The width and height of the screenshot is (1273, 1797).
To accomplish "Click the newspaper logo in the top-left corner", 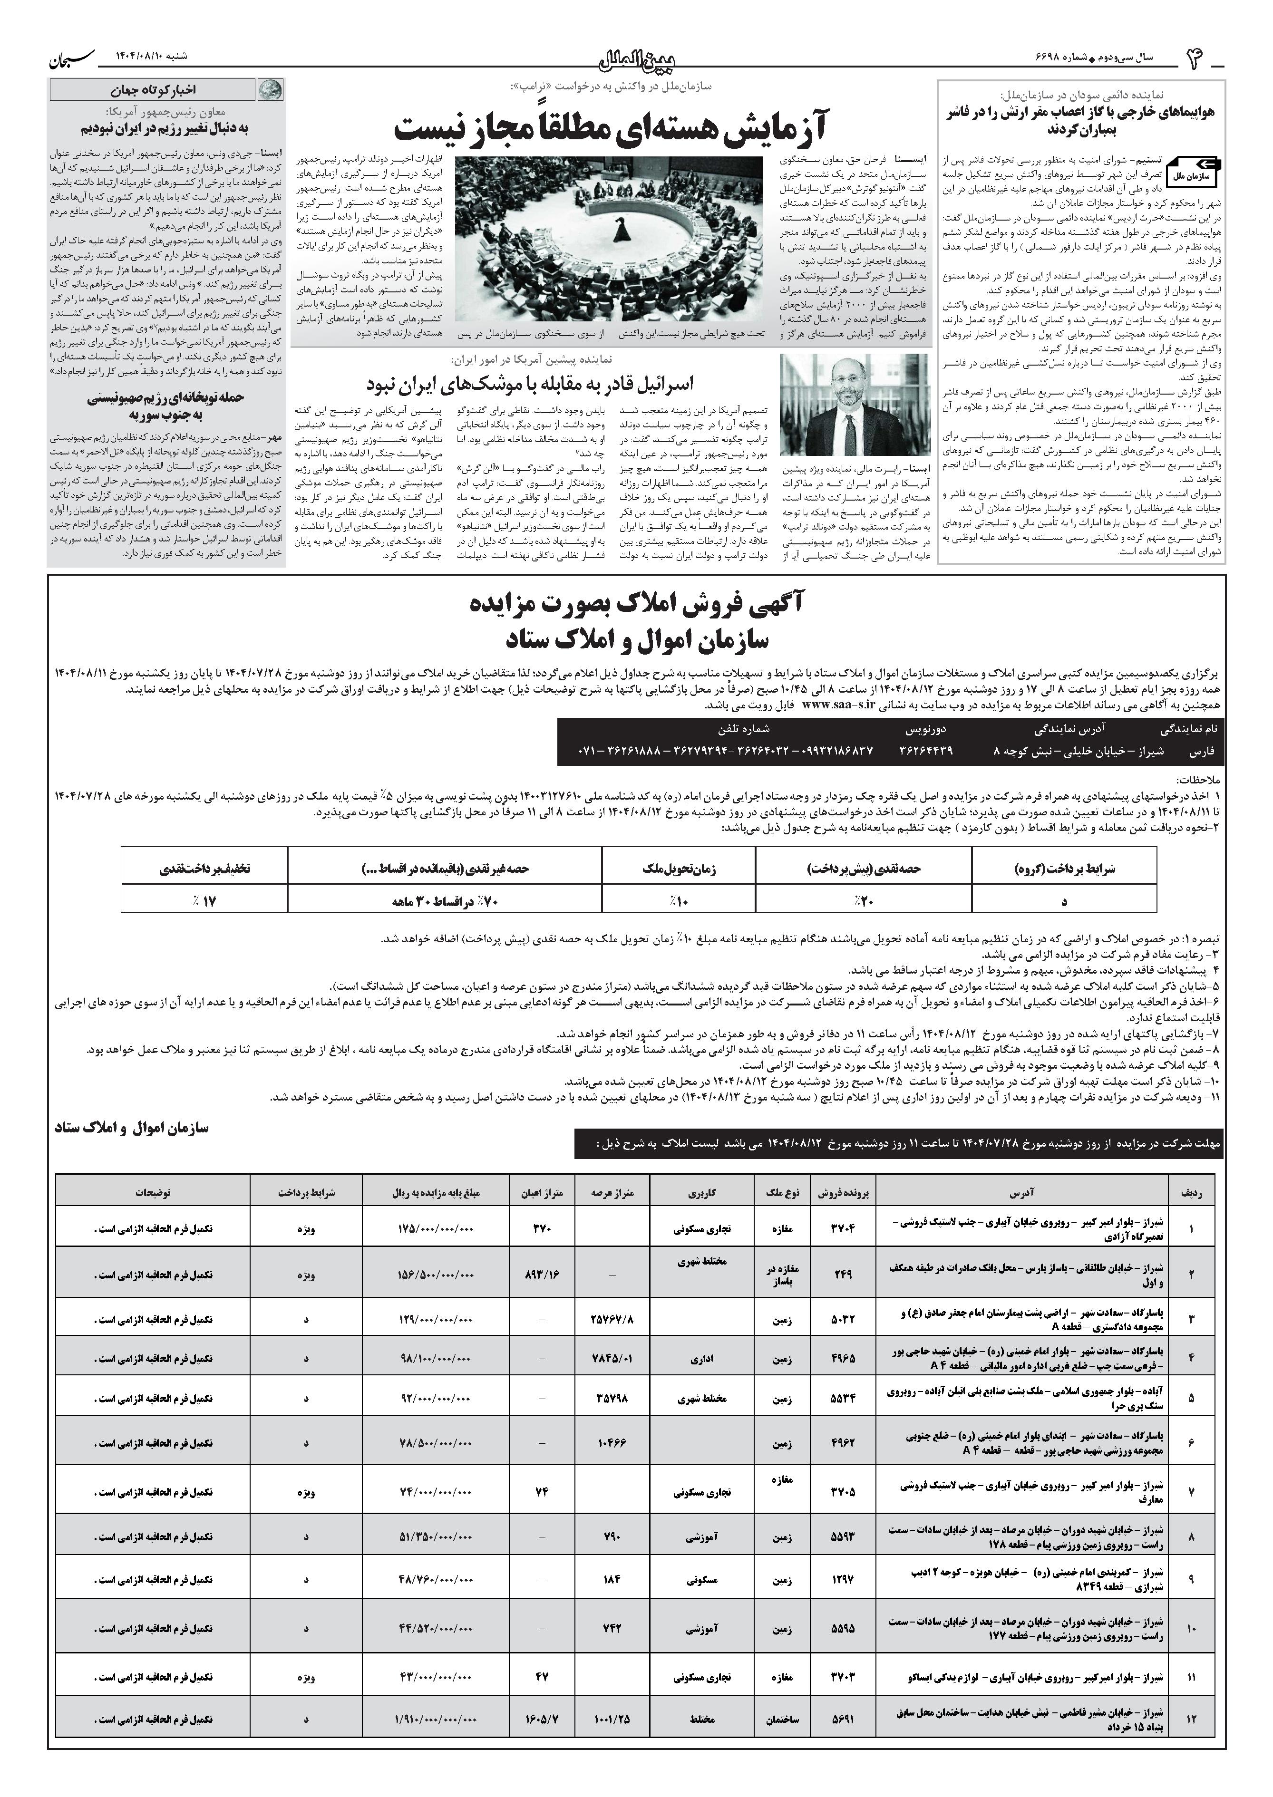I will coord(73,58).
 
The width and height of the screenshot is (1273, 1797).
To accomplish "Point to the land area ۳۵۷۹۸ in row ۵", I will coord(612,1398).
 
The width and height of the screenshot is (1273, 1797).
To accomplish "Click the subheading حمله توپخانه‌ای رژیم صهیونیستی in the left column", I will coord(166,397).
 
